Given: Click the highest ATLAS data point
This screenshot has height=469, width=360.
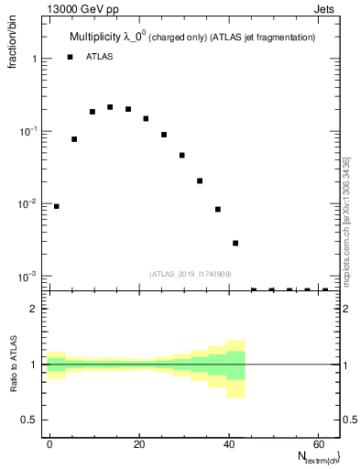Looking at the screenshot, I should [x=110, y=107].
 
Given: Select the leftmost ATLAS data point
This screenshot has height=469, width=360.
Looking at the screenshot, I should [x=57, y=206].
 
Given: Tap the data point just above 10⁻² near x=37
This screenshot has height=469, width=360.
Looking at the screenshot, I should [x=218, y=209].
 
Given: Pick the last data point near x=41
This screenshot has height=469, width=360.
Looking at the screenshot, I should [x=235, y=243].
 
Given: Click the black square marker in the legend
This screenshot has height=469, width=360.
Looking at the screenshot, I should [x=70, y=57].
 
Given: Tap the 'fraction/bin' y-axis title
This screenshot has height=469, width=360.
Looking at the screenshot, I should [x=14, y=55].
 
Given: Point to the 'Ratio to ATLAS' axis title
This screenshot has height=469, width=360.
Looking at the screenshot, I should [x=14, y=367].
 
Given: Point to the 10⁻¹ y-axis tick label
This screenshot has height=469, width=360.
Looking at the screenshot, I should [x=30, y=131].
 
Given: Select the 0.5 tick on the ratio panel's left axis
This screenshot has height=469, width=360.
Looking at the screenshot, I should [x=29, y=420].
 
